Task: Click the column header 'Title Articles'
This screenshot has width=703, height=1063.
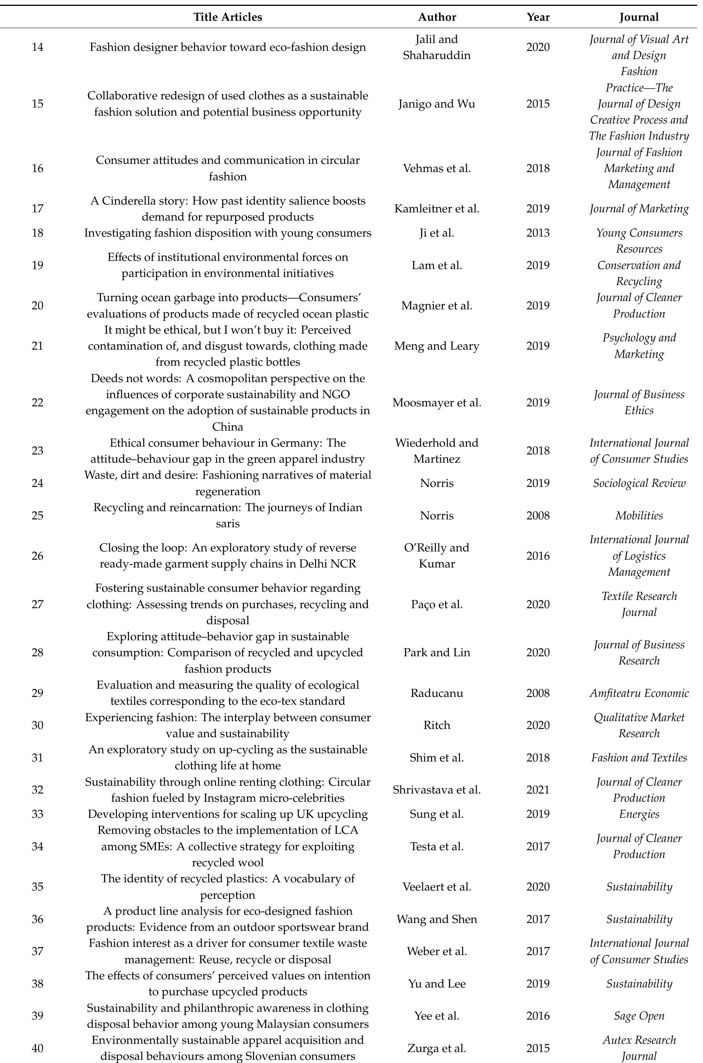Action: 228,18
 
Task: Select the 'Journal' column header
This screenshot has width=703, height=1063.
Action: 639,18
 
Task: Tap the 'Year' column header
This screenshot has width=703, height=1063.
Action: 538,18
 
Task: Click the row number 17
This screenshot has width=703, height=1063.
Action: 38,209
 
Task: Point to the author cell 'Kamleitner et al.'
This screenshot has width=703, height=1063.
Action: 437,209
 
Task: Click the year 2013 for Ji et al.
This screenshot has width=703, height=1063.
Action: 538,233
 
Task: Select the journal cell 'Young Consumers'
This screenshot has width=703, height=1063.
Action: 639,233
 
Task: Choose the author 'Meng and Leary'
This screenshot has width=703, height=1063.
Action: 437,346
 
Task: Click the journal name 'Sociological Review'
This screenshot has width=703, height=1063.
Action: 639,483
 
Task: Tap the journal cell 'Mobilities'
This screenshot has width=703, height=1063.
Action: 639,515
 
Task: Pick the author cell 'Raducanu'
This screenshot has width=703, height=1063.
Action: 437,693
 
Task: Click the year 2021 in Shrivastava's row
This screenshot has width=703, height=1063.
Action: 538,790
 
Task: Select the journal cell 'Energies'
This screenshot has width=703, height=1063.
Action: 639,814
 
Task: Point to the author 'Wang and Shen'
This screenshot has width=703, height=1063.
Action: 437,919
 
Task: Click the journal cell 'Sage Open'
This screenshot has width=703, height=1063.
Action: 639,1016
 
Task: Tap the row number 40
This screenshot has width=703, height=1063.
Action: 38,1048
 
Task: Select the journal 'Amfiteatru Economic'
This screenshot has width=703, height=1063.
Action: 639,693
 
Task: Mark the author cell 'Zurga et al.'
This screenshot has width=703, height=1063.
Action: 437,1048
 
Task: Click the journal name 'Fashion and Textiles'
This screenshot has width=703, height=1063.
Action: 639,758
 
